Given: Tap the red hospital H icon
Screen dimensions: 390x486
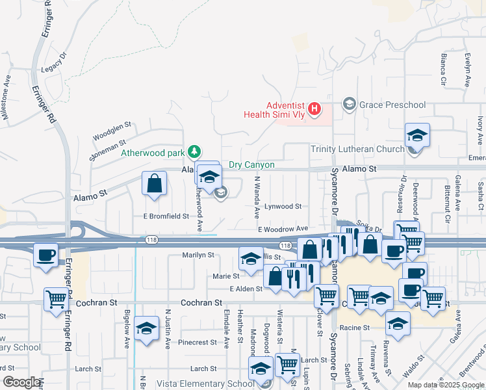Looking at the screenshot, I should point(314,109).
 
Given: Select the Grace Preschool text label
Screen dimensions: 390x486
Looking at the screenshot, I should point(393,105).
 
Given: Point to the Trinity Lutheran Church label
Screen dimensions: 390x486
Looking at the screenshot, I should point(357,149).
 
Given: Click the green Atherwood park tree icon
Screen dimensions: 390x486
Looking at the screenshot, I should point(193,152).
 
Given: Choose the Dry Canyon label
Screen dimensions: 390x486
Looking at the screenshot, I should point(251,165).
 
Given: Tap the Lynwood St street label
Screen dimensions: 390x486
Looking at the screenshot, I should point(283,206).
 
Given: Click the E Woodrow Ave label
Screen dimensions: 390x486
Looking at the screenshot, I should point(283,229).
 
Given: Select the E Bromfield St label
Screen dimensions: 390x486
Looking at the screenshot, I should point(166,216).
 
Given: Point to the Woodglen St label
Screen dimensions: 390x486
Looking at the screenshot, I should point(112,125).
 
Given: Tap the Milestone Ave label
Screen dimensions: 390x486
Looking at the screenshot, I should point(8,99).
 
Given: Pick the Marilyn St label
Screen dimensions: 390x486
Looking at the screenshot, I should point(198,255).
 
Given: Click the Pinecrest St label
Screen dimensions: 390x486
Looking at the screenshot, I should point(198,342).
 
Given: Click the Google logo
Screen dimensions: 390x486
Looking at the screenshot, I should point(21,382).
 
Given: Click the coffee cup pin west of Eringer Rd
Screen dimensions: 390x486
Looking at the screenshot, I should point(45,254).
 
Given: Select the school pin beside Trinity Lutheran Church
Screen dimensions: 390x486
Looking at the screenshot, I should point(417,135).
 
